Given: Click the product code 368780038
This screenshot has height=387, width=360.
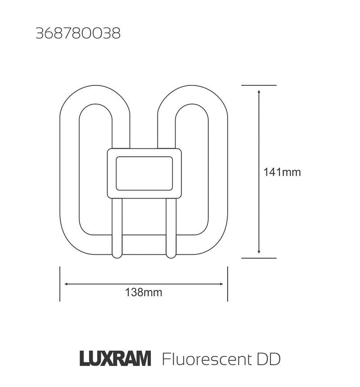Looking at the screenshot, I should pyautogui.click(x=78, y=34).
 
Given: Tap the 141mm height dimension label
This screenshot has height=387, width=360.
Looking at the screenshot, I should pyautogui.click(x=282, y=172).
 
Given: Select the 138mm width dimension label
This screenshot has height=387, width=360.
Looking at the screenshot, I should pyautogui.click(x=144, y=293).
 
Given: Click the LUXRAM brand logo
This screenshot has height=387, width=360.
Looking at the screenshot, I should pyautogui.click(x=115, y=359).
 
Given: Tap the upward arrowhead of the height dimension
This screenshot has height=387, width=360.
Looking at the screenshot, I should pyautogui.click(x=259, y=92).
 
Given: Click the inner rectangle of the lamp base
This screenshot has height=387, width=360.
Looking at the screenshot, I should pyautogui.click(x=144, y=173).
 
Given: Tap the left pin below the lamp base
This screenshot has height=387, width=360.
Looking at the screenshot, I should pyautogui.click(x=117, y=227).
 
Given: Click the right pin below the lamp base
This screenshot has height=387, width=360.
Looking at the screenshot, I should pyautogui.click(x=171, y=227).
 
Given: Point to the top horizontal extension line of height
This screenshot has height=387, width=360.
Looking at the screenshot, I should pyautogui.click(x=259, y=85).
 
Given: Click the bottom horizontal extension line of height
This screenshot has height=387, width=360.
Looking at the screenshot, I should pyautogui.click(x=259, y=258).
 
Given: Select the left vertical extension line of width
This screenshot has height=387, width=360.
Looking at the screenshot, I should pyautogui.click(x=60, y=284).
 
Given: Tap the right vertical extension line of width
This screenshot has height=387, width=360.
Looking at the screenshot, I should pyautogui.click(x=228, y=284).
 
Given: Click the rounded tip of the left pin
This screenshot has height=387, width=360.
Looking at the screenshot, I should pyautogui.click(x=117, y=255).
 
